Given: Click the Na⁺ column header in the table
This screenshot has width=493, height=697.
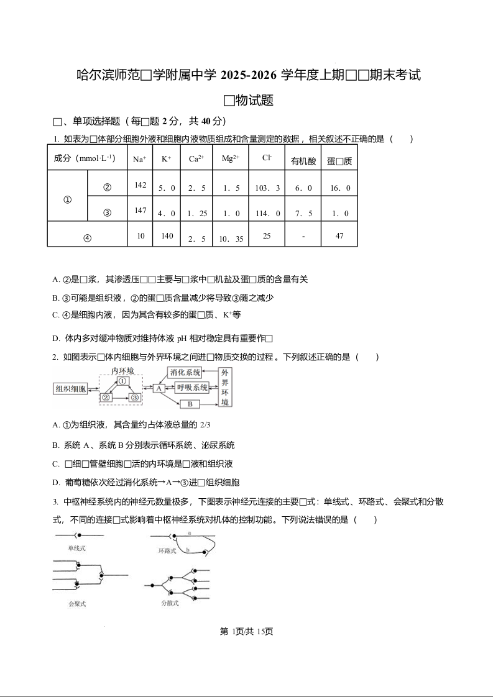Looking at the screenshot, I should [x=139, y=160].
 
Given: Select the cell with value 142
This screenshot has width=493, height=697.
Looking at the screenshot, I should [x=140, y=186].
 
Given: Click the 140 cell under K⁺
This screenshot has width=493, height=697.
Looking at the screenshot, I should [x=167, y=236].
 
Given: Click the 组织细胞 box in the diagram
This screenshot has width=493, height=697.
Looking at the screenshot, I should [x=70, y=389].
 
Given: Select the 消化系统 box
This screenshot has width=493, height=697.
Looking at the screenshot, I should [x=185, y=373].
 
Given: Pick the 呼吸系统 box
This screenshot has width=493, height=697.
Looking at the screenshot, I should [x=191, y=388].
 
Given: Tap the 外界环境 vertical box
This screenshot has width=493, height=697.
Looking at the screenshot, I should [x=224, y=387].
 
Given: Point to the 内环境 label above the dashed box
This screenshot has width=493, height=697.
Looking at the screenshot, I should [x=122, y=371].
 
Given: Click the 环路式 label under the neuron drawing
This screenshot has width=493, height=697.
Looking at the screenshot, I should [x=167, y=550].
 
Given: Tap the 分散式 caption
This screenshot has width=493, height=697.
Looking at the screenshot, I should [x=170, y=603].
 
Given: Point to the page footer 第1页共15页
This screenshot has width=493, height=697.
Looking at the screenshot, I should [x=247, y=631].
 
